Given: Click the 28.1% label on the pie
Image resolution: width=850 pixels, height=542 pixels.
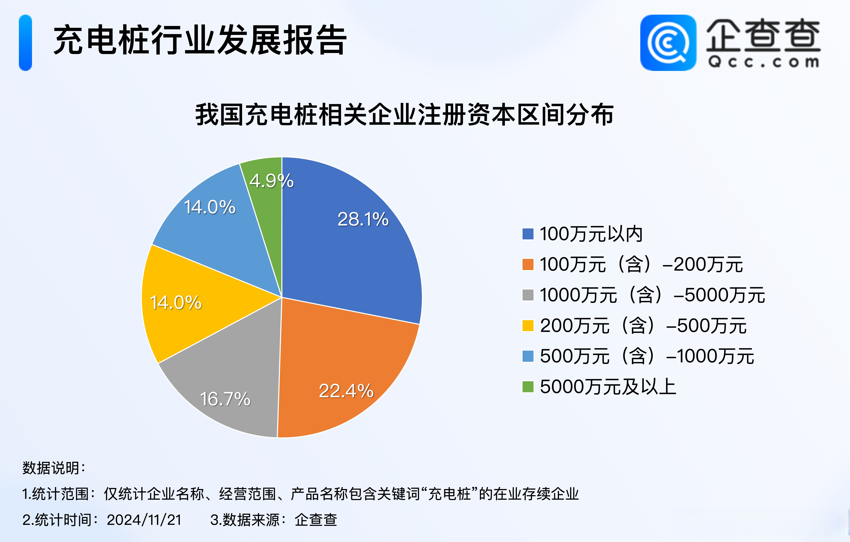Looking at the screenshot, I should click(x=363, y=219).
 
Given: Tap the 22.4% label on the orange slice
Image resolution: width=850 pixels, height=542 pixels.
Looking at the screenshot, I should click(x=346, y=391).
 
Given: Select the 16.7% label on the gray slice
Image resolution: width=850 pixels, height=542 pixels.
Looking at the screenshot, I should click(x=225, y=399).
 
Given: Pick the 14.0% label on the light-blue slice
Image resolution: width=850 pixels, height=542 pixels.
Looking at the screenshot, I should click(x=210, y=207).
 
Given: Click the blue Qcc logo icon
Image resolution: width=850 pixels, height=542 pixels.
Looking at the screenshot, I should click(x=668, y=43).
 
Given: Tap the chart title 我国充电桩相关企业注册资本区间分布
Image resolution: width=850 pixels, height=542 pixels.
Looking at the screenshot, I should click(x=405, y=115).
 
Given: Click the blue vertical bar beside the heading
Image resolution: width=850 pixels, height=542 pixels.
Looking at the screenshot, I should click(x=25, y=43).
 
